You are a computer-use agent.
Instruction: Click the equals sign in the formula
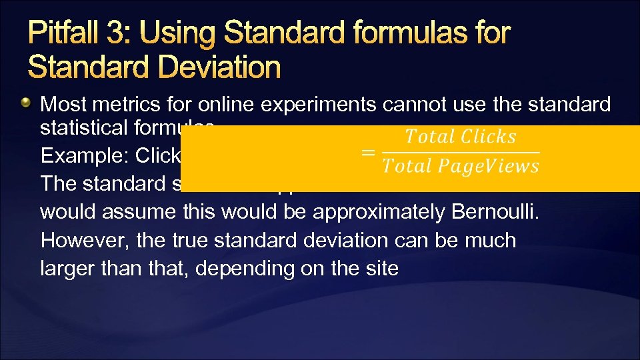coord(367,152)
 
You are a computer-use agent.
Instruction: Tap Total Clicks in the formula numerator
coord(461,137)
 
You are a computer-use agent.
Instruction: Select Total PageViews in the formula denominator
coord(461,166)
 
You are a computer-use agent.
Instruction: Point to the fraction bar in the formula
coord(461,152)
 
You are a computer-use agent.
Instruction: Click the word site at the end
coord(381,269)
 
